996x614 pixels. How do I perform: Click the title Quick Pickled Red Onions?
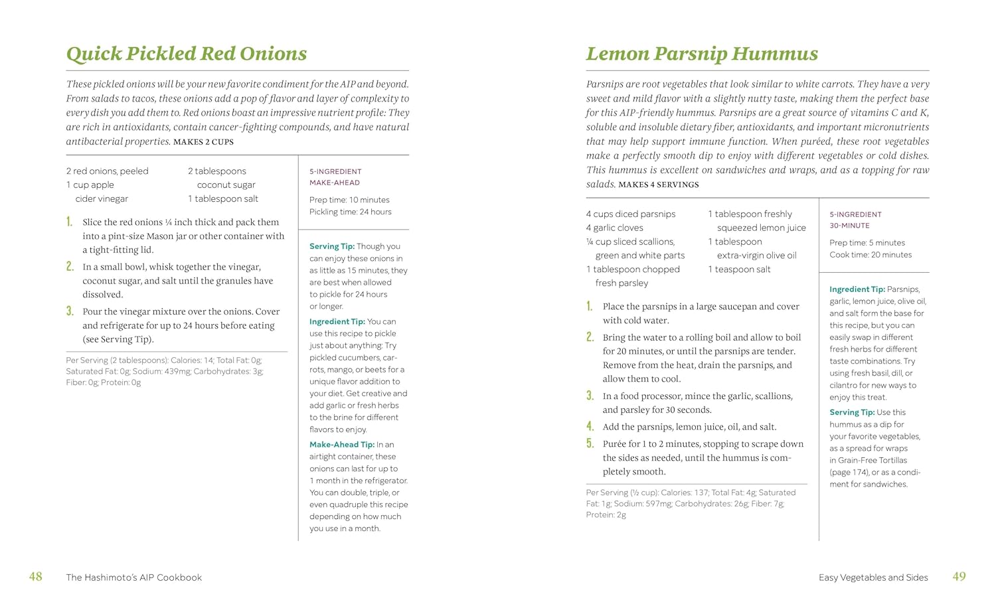click(x=186, y=54)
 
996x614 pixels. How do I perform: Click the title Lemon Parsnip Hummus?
click(x=701, y=54)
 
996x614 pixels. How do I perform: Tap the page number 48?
click(x=36, y=577)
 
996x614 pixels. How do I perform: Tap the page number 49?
click(x=959, y=577)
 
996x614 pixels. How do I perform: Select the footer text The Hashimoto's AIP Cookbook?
click(x=134, y=577)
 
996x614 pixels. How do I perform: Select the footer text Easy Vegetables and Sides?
click(x=872, y=577)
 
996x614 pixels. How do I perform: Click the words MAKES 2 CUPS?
click(x=203, y=142)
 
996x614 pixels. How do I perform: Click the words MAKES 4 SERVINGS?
click(x=658, y=185)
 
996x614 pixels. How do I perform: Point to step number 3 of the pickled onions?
click(x=70, y=311)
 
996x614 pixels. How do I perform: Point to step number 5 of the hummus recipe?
click(x=590, y=443)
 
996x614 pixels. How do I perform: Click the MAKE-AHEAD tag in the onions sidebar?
click(x=334, y=183)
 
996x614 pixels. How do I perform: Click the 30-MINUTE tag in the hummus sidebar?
click(x=849, y=226)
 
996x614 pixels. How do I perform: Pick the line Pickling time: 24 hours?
click(x=350, y=212)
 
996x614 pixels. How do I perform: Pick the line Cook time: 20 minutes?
click(x=870, y=255)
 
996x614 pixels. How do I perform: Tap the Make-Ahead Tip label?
click(x=341, y=445)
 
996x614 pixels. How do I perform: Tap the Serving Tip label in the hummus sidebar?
click(x=851, y=412)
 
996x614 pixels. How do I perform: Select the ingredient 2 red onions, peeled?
click(x=107, y=171)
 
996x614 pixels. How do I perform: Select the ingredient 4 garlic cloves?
click(x=614, y=228)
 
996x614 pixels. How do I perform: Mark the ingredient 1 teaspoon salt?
click(x=739, y=269)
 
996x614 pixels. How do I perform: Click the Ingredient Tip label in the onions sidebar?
click(x=337, y=322)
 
